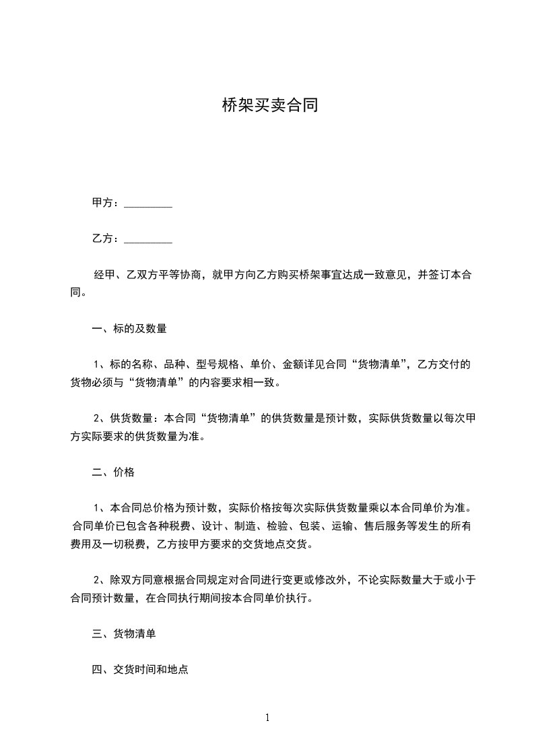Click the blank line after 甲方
(149, 203)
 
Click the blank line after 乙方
(149, 239)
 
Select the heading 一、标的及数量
(129, 329)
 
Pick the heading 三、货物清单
(124, 634)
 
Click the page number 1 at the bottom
(267, 718)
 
